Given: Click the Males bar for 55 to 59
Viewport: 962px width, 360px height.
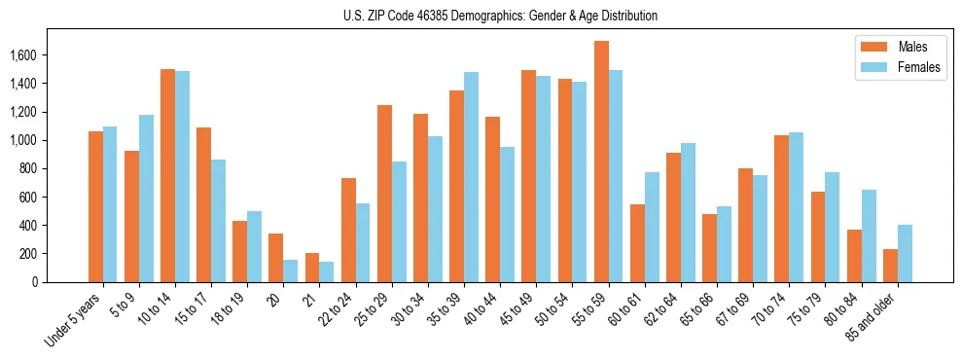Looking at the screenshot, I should click(601, 162).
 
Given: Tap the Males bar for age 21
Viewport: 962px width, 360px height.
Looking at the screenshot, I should click(312, 268).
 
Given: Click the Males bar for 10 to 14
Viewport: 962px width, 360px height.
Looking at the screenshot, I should click(167, 175).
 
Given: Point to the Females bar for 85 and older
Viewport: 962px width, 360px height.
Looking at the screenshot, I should click(905, 253).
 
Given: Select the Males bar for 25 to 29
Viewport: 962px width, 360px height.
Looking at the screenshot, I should click(384, 194).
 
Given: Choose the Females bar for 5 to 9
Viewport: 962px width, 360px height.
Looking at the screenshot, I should click(146, 198).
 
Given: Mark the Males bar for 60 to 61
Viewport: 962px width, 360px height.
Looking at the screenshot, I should click(637, 243).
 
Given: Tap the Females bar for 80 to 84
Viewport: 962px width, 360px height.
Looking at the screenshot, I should click(869, 235).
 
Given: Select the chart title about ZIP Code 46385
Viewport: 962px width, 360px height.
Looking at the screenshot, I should click(500, 16).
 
